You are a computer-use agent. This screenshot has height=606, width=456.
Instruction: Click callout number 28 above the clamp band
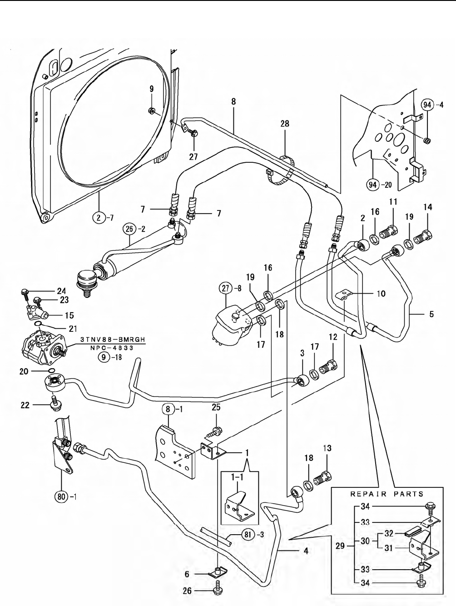coord(285,124)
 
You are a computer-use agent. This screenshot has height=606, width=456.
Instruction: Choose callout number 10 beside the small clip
coord(381,294)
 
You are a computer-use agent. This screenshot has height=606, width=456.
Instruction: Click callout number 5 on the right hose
coord(431,314)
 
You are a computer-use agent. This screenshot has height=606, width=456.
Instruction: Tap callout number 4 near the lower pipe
coord(306,551)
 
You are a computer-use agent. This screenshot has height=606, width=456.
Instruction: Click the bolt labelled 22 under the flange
coord(56,403)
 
